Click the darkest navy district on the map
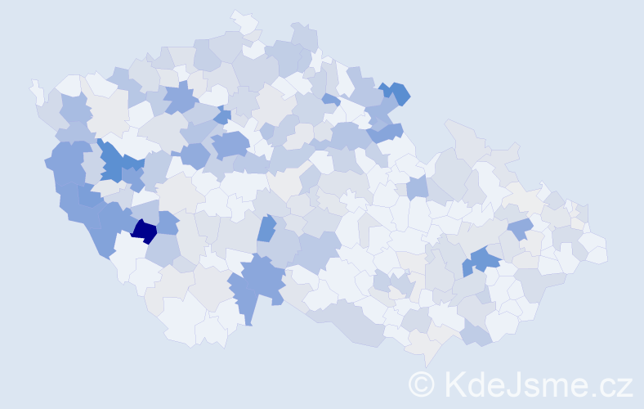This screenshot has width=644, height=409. pos(144,231)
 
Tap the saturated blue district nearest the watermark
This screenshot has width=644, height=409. pos(484,260)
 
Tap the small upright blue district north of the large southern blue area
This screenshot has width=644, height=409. pos(266,228)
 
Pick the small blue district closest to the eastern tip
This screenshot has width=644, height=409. pos(521,228)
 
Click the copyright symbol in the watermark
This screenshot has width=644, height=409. pos(422,384)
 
